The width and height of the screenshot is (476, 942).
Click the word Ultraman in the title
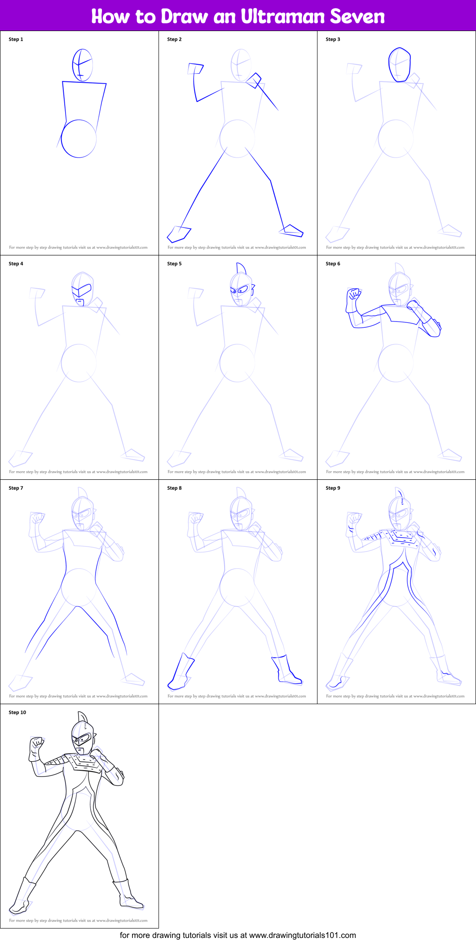(283, 17)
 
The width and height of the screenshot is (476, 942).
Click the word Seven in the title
(357, 17)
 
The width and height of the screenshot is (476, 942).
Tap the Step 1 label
(16, 39)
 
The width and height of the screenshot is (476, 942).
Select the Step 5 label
(174, 263)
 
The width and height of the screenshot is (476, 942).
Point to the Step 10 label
(17, 712)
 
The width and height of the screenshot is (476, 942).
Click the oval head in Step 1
(82, 65)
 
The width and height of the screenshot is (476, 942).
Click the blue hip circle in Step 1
(79, 138)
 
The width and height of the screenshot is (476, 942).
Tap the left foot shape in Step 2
(179, 234)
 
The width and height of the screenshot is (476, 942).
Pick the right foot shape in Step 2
(291, 231)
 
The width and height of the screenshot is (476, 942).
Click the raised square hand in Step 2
(195, 68)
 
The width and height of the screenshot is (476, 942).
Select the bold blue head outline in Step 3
(399, 65)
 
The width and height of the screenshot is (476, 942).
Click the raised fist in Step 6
(354, 295)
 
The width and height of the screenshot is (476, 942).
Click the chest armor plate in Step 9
(402, 537)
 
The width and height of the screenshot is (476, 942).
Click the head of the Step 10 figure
(82, 737)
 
